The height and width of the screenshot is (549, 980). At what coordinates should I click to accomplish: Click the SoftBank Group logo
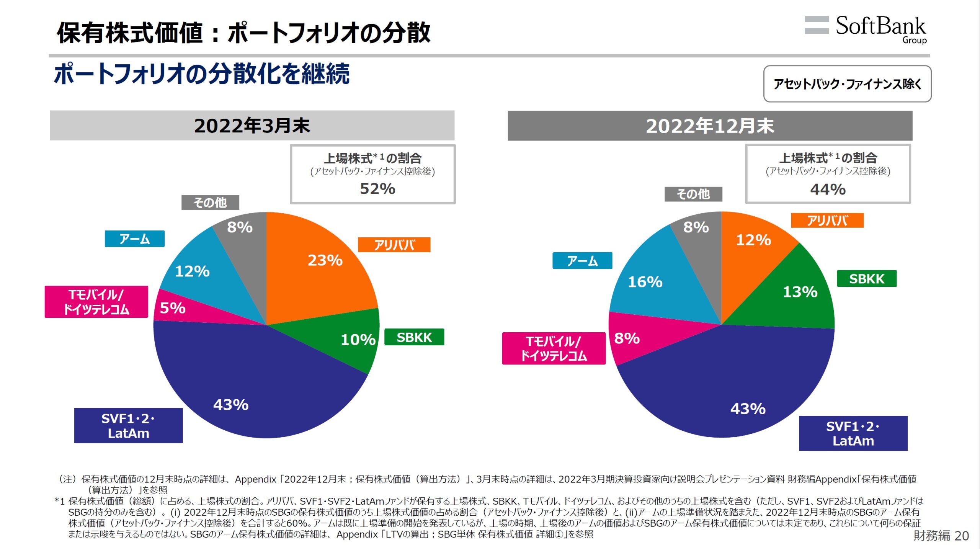866,29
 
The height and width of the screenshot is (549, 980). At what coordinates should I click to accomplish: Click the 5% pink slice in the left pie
173,308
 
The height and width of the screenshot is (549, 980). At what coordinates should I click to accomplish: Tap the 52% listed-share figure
377,189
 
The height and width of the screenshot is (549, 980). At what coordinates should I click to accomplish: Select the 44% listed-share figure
828,190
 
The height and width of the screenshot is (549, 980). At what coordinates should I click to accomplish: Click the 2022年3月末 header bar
252,126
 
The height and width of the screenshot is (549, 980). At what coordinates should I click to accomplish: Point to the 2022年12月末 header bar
710,126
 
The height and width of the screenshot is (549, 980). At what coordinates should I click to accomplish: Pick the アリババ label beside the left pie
394,245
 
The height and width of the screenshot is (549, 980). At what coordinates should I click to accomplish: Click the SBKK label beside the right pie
866,279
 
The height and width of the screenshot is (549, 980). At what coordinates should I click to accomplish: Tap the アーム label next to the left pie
134,239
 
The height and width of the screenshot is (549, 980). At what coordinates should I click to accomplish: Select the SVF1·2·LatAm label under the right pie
853,433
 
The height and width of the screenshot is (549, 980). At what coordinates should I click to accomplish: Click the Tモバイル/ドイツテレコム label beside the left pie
96,302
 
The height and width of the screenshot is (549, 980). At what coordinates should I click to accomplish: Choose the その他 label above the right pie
693,194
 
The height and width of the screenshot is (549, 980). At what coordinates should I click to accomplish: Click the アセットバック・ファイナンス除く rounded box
847,84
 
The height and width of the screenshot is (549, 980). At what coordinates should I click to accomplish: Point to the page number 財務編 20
941,536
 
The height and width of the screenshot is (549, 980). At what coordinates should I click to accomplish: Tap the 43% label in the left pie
231,405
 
